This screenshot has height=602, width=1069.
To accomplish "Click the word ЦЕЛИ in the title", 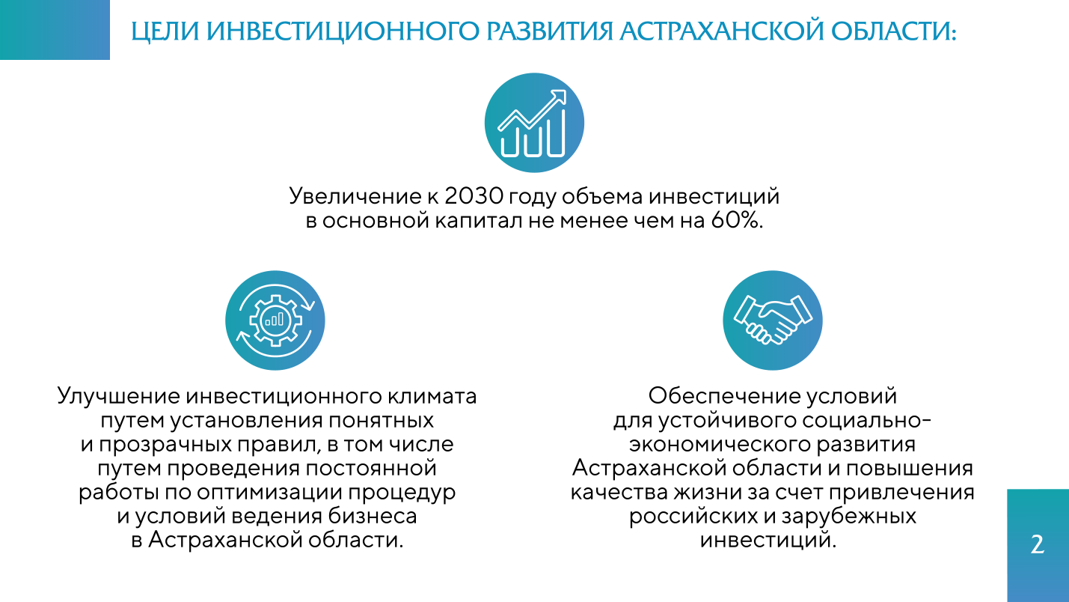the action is coord(165,31).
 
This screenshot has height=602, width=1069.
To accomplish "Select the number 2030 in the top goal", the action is coord(473,196).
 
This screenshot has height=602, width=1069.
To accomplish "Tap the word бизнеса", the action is coord(373,516).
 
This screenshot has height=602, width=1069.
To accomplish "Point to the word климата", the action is coord(432,397).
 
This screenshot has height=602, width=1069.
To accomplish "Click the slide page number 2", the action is coord(1038,544).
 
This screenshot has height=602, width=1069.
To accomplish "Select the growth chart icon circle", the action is coord(534,123).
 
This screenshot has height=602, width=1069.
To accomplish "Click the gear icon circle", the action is coord(275,320).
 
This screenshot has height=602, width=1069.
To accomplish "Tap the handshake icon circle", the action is coord(773,320).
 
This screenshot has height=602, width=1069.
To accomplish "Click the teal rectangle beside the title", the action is coord(55,30).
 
